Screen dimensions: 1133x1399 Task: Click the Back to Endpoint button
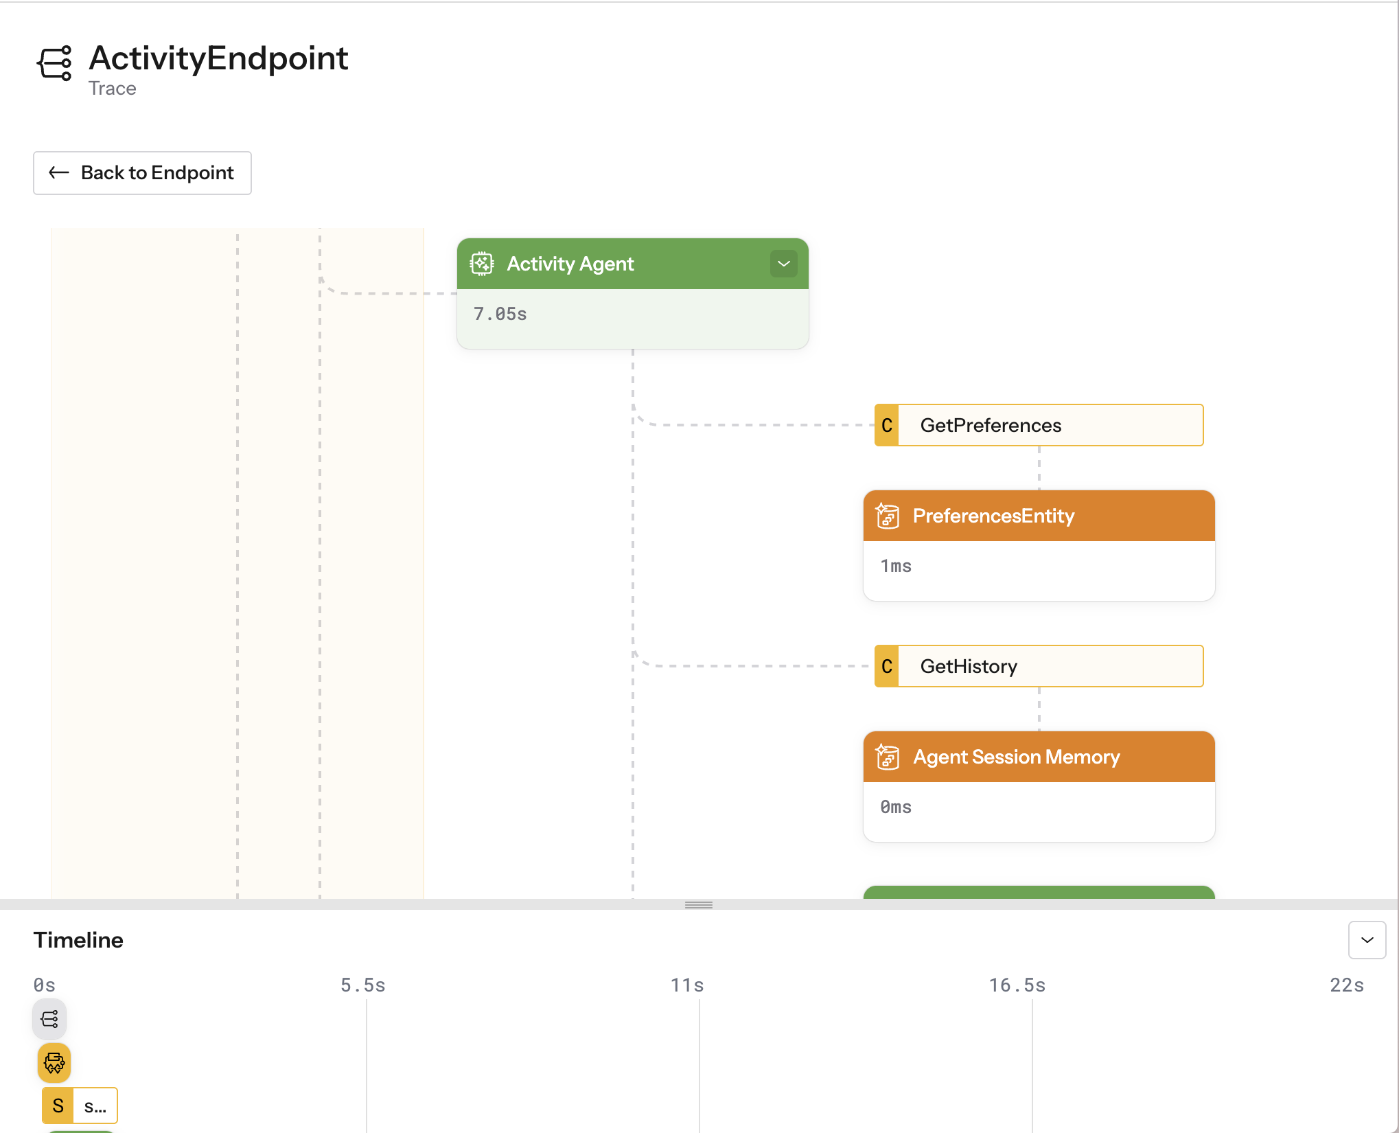[x=142, y=173]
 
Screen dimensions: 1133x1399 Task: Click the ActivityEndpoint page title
[x=218, y=58]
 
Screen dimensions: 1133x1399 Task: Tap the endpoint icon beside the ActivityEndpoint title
[x=55, y=63]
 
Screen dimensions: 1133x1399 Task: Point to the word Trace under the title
[x=112, y=89]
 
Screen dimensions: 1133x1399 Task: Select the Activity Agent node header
[x=618, y=264]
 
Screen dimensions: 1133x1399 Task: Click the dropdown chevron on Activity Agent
[x=783, y=264]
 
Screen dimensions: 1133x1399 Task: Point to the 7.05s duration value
[x=500, y=314]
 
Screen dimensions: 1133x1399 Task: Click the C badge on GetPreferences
[x=887, y=425]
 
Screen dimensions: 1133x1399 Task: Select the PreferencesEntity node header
[x=1039, y=516]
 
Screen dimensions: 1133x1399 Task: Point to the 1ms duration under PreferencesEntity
[x=896, y=566]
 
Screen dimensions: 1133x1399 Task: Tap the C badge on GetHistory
[x=887, y=666]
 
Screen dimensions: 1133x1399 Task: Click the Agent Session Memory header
[x=1039, y=757]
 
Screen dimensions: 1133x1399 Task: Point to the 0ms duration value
[x=896, y=807]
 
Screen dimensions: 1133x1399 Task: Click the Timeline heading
[x=78, y=940]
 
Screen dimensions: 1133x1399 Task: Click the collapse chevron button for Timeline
[x=1367, y=940]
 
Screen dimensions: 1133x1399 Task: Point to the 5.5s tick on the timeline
[x=363, y=985]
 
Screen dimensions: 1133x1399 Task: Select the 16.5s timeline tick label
[x=1017, y=985]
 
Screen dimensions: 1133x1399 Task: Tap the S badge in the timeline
[x=58, y=1106]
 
